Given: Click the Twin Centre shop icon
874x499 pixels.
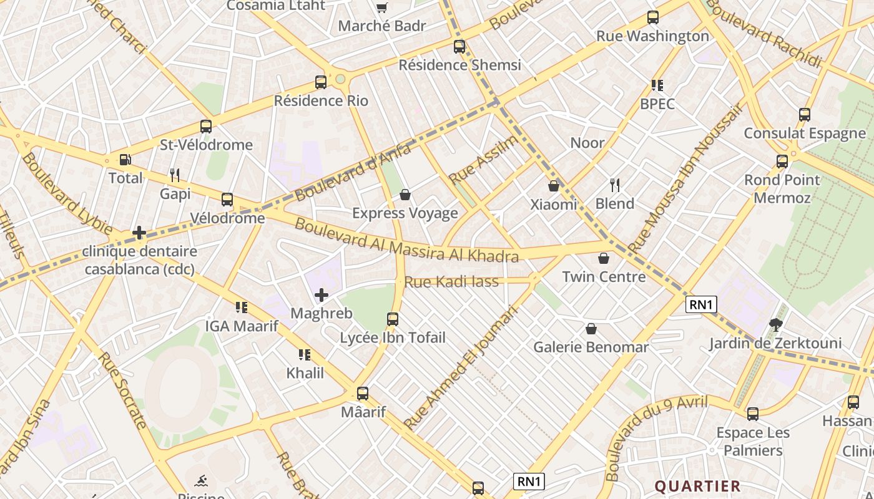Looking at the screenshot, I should tap(604, 258).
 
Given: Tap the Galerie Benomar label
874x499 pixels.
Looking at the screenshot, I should tap(591, 347).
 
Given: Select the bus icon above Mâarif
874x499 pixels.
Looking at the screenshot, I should tap(363, 394).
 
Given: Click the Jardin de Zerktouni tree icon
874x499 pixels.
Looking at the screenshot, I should tap(776, 324).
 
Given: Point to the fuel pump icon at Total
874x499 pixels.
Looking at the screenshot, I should tap(125, 160).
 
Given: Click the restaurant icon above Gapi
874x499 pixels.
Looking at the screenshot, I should tap(175, 175).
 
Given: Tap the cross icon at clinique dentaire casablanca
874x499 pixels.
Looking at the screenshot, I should tap(139, 233).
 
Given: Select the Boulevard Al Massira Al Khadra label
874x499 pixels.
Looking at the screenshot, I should tap(406, 240).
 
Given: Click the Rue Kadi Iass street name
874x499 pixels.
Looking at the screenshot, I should tap(451, 282).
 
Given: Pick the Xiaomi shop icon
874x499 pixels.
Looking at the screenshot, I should tap(554, 186).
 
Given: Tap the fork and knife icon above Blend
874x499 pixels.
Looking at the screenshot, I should tap(615, 185).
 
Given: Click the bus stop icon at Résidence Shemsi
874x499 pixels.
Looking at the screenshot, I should tap(459, 46).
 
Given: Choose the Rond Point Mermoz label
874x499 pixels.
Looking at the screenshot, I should tap(782, 189).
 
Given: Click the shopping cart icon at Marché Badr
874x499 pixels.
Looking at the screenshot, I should tap(381, 8).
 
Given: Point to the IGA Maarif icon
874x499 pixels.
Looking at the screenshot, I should tap(242, 307).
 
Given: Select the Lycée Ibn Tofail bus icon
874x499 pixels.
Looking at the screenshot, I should tap(393, 319).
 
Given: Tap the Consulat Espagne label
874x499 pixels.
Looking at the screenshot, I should tap(805, 133).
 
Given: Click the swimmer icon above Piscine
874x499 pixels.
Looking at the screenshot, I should tap(201, 481).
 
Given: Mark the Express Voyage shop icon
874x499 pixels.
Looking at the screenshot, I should tap(405, 195).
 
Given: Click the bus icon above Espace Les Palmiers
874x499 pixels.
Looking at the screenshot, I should tap(753, 414).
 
